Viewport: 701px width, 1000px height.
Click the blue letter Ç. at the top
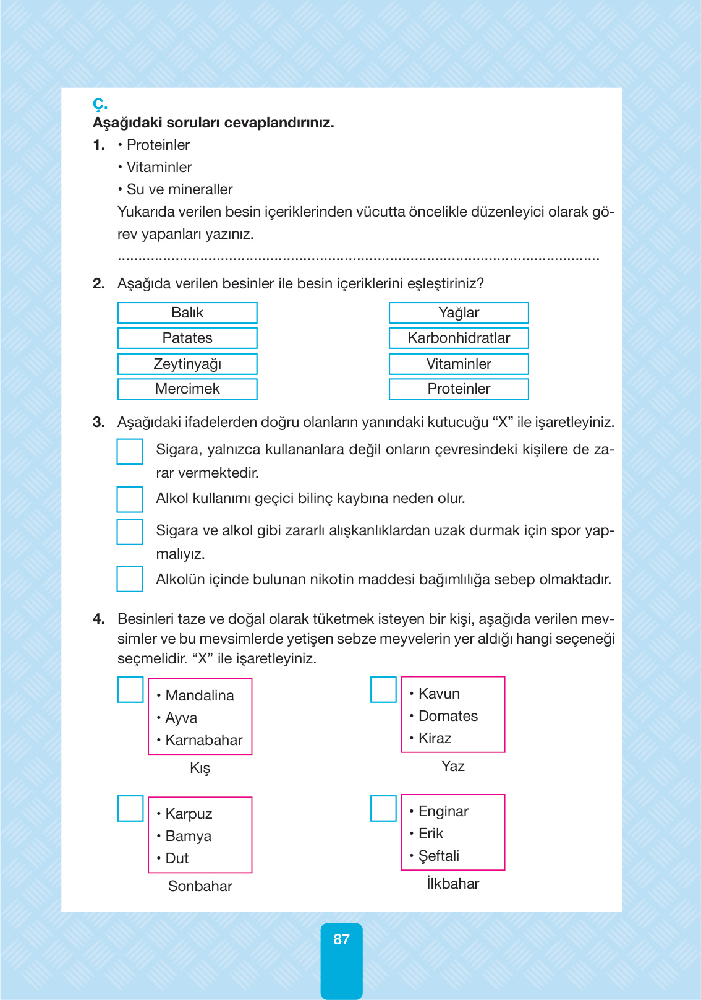point(100,104)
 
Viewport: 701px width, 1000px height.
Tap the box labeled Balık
point(187,313)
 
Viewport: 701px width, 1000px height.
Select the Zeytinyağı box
point(187,364)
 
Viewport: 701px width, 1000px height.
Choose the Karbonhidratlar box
point(459,338)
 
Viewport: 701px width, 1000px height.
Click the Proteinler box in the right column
point(459,389)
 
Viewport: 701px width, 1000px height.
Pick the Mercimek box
point(187,389)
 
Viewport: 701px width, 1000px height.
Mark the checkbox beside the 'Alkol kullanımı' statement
point(130,499)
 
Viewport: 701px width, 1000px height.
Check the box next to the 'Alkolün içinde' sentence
point(130,579)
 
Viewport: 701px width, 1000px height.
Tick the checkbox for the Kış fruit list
point(130,690)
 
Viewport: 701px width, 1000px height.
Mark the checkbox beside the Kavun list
point(383,690)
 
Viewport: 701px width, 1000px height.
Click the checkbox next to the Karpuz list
point(130,808)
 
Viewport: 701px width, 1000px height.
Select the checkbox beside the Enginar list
point(383,808)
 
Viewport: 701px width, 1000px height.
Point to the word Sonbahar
point(200,886)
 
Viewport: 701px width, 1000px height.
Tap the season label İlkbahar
point(452,884)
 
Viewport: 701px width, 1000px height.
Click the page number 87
point(341,939)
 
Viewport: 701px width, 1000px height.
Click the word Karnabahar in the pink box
point(203,740)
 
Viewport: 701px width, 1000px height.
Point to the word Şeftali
point(438,856)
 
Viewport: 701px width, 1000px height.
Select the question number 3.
point(98,423)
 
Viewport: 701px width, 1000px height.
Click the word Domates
point(448,716)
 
